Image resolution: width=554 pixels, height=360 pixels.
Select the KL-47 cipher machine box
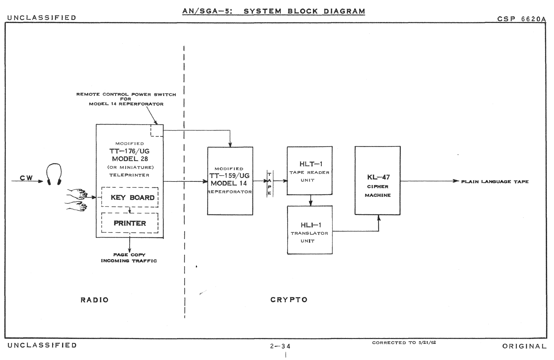click(378, 180)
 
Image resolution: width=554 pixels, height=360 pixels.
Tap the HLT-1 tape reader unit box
click(310, 171)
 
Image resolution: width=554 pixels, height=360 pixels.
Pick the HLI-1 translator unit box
click(310, 230)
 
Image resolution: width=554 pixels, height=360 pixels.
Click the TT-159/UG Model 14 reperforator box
click(230, 181)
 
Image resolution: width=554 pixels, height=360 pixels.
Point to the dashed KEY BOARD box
click(130, 197)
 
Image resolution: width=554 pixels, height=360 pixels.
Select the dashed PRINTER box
click(130, 223)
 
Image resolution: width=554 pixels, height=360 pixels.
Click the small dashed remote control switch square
click(157, 130)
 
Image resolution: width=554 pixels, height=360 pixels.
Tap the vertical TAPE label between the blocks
click(269, 184)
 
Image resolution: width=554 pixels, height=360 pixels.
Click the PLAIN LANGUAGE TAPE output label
click(495, 181)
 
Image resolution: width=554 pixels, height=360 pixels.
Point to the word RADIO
click(94, 300)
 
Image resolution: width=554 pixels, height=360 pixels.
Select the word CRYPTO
click(289, 300)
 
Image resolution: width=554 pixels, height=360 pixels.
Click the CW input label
click(26, 178)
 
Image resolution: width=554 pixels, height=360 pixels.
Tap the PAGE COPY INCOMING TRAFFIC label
click(129, 258)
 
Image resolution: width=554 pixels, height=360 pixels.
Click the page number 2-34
click(280, 346)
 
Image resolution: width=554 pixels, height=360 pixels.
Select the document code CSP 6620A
click(522, 19)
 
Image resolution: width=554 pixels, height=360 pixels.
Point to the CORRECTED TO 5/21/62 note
click(404, 343)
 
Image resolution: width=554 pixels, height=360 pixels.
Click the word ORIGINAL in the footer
click(524, 346)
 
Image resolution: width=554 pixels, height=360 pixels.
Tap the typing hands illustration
click(77, 199)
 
